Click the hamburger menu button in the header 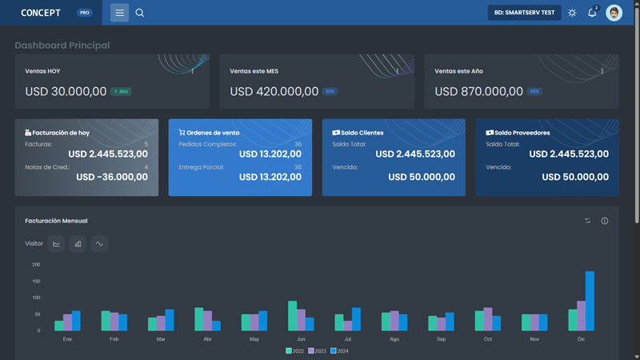coord(119,13)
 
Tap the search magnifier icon coord(140,13)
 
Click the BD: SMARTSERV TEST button coord(524,13)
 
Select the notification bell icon coord(592,13)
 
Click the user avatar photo coord(614,13)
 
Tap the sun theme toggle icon coord(572,13)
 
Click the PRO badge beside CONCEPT coord(85,13)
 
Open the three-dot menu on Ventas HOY coord(193,71)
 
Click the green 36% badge coord(121,92)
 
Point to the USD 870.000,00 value coord(478,92)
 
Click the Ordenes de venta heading coord(213,133)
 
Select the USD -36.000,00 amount coord(112,178)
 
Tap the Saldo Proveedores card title coord(522,133)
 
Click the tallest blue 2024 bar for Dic coord(590,301)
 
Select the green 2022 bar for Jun coord(292,316)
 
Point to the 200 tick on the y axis coord(36,264)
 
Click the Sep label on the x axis coord(442,339)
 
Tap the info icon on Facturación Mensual coord(605,221)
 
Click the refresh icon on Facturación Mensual coord(588,221)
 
